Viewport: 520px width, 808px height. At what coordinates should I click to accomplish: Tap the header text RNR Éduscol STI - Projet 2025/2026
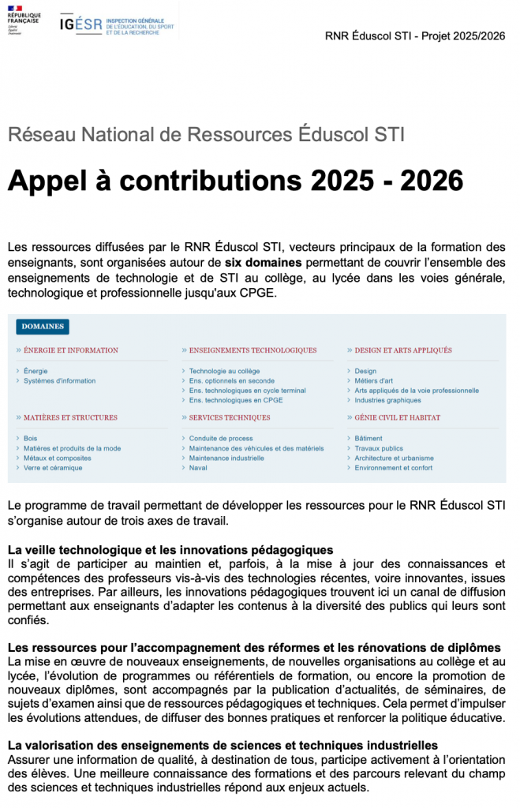pyautogui.click(x=416, y=36)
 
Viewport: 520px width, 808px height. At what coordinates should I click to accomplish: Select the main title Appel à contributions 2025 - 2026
pyautogui.click(x=235, y=181)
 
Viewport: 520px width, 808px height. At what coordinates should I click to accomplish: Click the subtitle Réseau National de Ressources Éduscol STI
pyautogui.click(x=206, y=134)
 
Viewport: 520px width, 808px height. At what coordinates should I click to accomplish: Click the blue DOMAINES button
pyautogui.click(x=43, y=327)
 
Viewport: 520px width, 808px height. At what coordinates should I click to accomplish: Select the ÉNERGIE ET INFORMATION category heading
pyautogui.click(x=71, y=350)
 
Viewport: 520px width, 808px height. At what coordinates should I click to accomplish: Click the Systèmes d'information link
pyautogui.click(x=59, y=381)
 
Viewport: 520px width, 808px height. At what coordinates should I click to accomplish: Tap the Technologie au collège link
pyautogui.click(x=224, y=371)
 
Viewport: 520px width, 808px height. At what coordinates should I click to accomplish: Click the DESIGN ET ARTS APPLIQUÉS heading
pyautogui.click(x=403, y=350)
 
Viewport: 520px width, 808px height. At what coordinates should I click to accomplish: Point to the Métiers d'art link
pyautogui.click(x=373, y=381)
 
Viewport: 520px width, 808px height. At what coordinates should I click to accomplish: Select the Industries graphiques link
pyautogui.click(x=387, y=400)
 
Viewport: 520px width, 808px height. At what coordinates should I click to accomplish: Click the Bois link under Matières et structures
pyautogui.click(x=30, y=439)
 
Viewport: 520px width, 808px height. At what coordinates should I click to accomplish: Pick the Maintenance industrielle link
pyautogui.click(x=226, y=458)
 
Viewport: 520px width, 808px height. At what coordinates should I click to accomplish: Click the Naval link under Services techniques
pyautogui.click(x=198, y=468)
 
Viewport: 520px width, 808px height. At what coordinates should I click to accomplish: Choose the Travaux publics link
pyautogui.click(x=379, y=448)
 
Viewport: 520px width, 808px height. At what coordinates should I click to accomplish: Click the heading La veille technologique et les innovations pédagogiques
pyautogui.click(x=170, y=550)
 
